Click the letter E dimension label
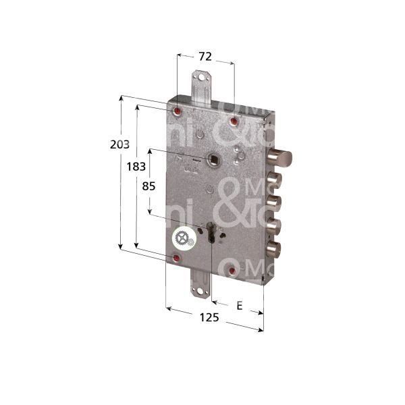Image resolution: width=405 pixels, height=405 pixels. (x=238, y=287)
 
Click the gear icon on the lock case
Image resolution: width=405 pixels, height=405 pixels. (x=182, y=238)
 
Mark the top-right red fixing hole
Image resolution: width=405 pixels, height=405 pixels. (x=233, y=122)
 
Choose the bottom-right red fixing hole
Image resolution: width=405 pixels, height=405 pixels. (x=233, y=271)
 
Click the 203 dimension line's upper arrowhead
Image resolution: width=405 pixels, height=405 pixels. (x=122, y=99)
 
